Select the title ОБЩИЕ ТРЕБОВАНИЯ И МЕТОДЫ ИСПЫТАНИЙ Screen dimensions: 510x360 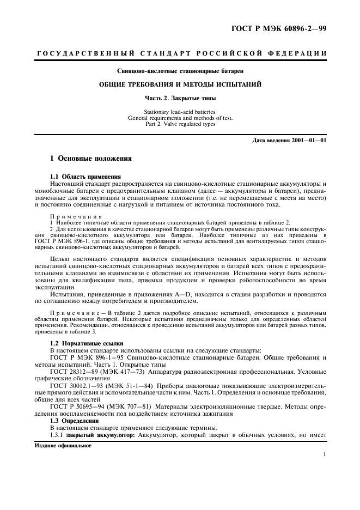point(180,84)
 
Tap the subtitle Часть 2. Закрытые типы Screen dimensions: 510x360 point(180,99)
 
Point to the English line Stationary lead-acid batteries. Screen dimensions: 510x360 point(180,112)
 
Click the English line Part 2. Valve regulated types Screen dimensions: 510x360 point(180,124)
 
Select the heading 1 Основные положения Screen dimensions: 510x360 point(91,159)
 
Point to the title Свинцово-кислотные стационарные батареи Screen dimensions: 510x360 point(180,71)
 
